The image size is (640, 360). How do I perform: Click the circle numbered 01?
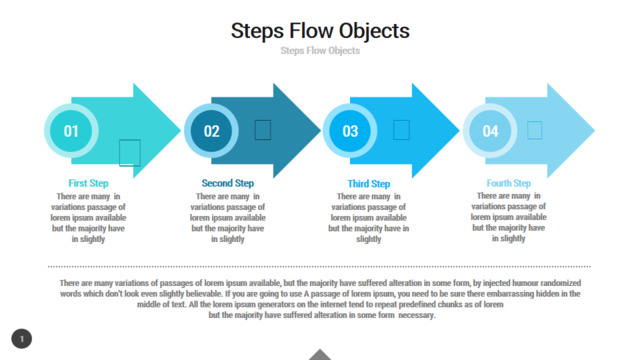coord(71,131)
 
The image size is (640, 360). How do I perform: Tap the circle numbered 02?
coord(211,131)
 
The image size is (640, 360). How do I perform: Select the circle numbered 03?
coord(350,131)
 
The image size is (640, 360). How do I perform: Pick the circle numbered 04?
coord(490,131)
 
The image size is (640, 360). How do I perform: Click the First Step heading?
coord(88,183)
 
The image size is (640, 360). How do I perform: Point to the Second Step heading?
coord(228,183)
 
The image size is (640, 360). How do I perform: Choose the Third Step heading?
coord(369,184)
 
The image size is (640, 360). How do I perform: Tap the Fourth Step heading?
coord(509,183)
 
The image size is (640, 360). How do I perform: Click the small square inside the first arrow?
coord(130,153)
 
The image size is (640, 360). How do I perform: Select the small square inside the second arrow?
coord(263,130)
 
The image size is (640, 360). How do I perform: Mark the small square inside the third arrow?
coord(401,130)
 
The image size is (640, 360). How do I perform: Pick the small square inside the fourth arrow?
coord(534,130)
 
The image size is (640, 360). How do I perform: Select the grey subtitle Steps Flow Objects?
coord(320,51)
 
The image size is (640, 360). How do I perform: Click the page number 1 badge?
coord(22,339)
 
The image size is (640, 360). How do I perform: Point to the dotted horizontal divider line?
coord(319,267)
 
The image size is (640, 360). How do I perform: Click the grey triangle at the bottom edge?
coord(320,356)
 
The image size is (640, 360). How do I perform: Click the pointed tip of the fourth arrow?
coord(594,131)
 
